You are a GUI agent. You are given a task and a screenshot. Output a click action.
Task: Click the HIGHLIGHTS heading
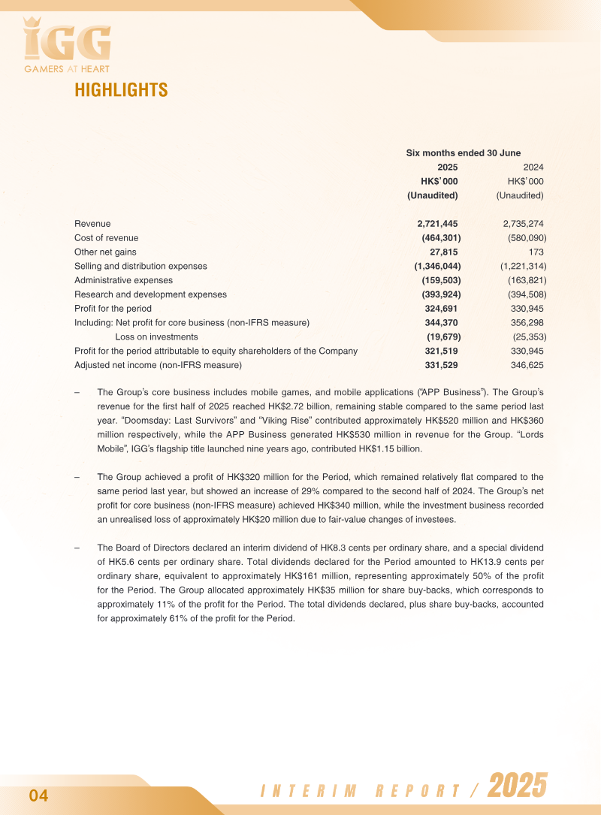(x=121, y=90)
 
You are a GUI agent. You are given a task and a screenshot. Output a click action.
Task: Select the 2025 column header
(x=447, y=168)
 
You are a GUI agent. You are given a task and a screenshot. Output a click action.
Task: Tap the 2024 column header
(x=533, y=168)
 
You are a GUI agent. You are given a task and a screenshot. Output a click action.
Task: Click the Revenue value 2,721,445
(x=437, y=224)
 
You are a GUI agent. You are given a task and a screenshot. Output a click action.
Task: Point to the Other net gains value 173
(x=536, y=252)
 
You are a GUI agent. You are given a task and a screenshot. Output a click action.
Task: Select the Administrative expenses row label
(x=123, y=280)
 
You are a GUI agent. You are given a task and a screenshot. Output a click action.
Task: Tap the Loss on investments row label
(x=156, y=337)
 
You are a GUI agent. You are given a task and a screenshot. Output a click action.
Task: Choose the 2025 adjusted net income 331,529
(x=441, y=365)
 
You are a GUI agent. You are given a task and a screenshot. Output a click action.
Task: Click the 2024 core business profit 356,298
(x=527, y=322)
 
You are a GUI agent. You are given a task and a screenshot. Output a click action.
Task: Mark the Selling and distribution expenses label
(x=140, y=266)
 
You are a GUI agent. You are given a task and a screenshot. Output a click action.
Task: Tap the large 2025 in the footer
(x=518, y=786)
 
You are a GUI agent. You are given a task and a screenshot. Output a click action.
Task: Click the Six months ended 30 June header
(x=464, y=152)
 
